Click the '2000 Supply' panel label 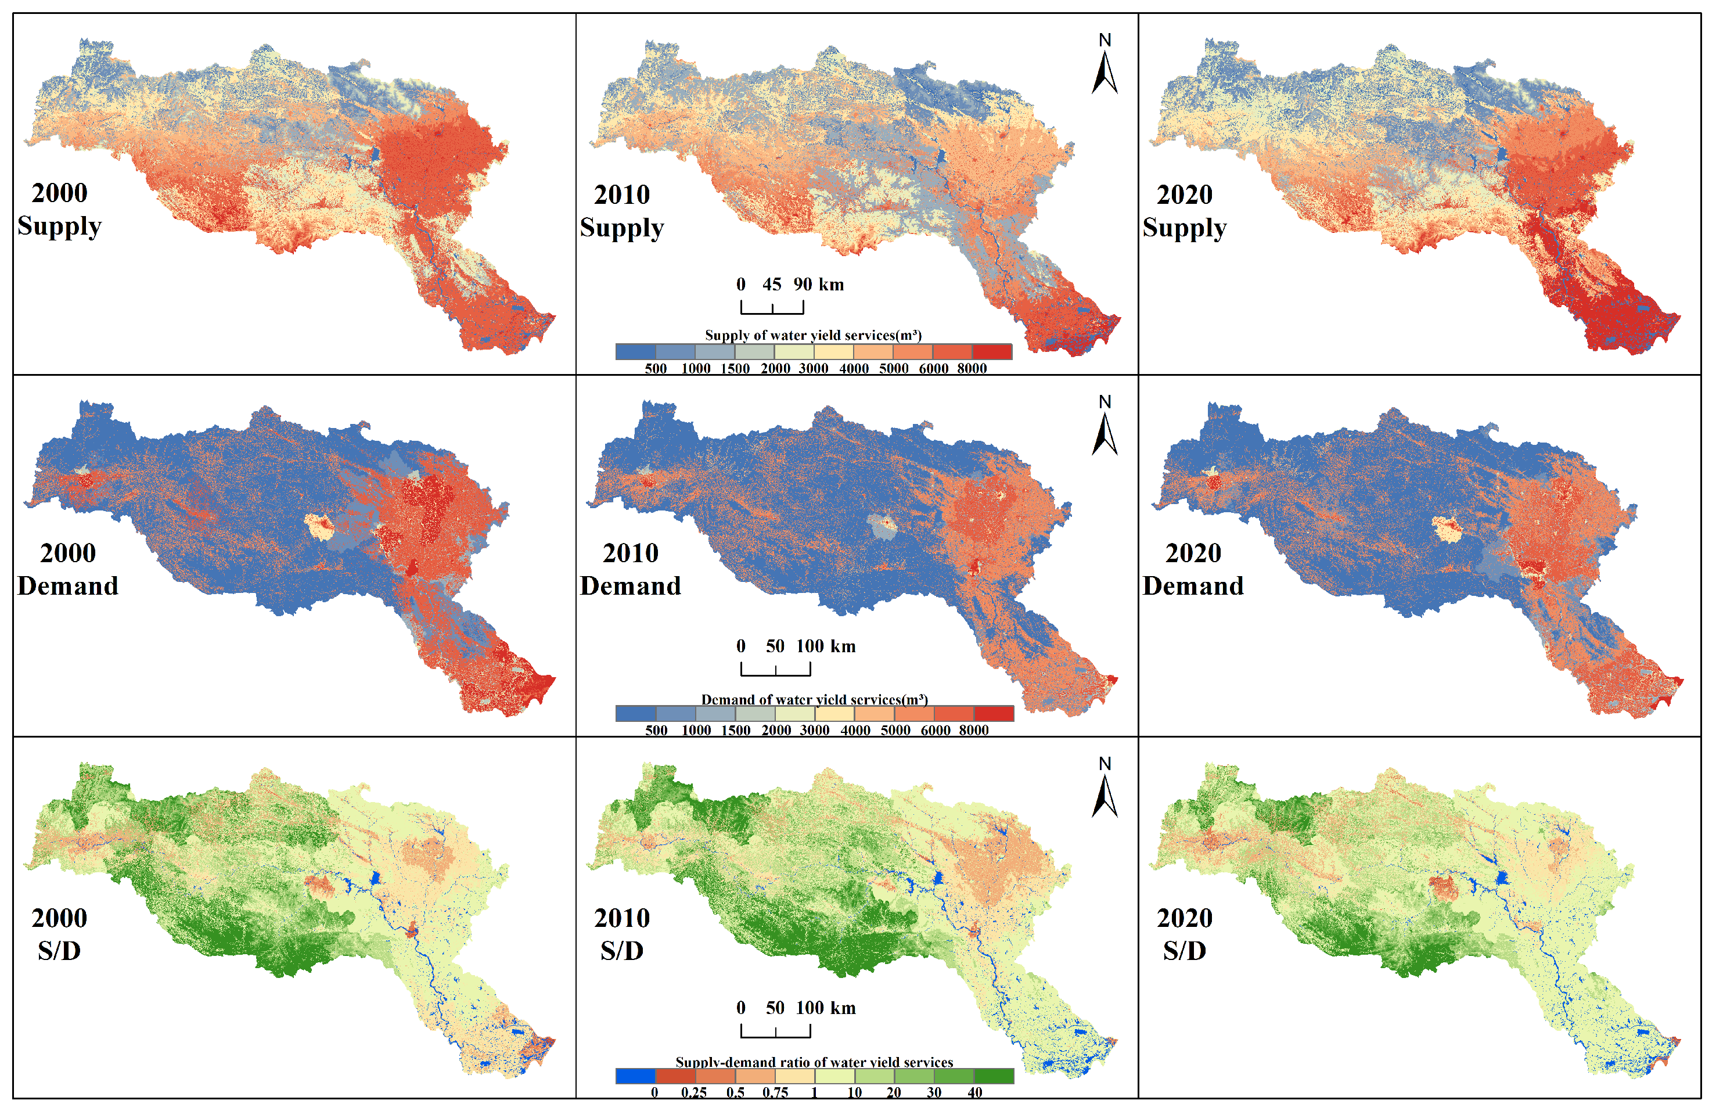(59, 209)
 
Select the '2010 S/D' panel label (621, 934)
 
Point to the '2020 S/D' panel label (1184, 934)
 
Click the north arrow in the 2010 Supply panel (1104, 66)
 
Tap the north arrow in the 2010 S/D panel (1104, 789)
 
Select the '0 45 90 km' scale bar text (790, 284)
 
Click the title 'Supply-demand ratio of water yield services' (814, 1062)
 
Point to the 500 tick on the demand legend (656, 731)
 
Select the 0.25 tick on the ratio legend (693, 1092)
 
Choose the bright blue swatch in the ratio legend (635, 1076)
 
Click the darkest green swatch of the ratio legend (994, 1076)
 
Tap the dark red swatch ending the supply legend (991, 352)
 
